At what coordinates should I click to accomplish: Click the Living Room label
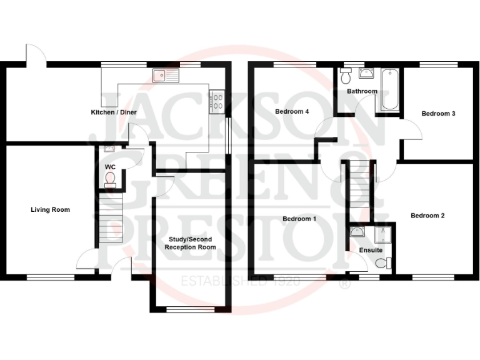[50, 210]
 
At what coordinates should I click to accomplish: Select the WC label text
[110, 167]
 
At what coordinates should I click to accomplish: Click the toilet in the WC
[111, 180]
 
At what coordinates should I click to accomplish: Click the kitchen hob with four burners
[217, 102]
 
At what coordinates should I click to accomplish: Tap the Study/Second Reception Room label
[190, 243]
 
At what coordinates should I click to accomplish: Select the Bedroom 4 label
[292, 112]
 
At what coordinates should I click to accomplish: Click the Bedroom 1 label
[299, 219]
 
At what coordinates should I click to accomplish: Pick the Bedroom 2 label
[427, 216]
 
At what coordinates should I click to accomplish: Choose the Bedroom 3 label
[437, 114]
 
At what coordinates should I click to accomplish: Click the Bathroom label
[362, 91]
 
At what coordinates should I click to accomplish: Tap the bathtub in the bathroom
[389, 90]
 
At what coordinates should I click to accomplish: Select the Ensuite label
[371, 250]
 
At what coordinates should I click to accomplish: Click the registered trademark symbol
[343, 284]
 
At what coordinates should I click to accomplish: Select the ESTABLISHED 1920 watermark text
[241, 281]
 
